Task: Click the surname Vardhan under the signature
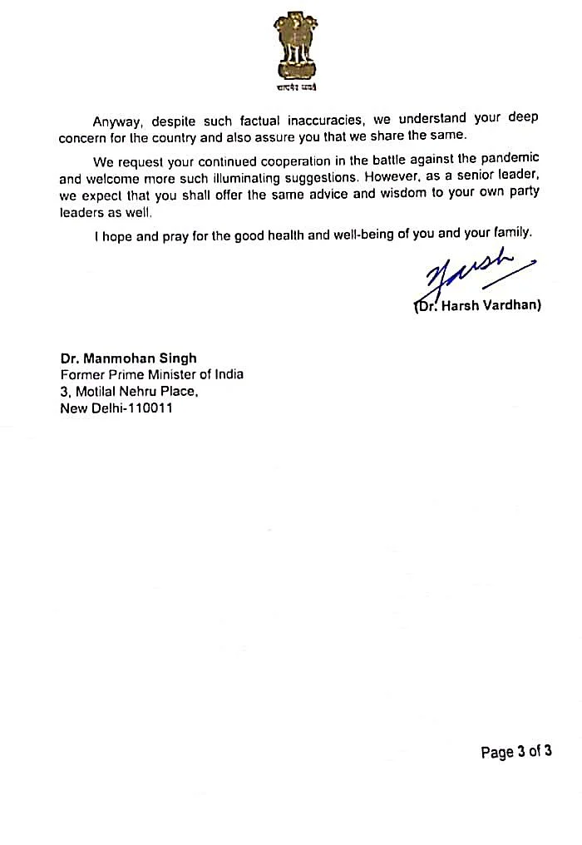click(510, 305)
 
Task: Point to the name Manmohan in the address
click(116, 358)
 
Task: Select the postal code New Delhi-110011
click(116, 408)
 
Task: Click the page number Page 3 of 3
click(515, 753)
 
